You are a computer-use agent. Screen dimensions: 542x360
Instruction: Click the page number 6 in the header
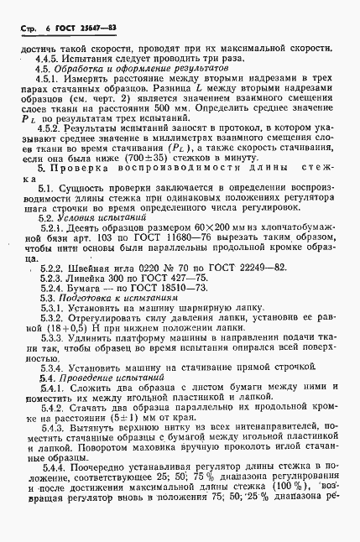point(39,29)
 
